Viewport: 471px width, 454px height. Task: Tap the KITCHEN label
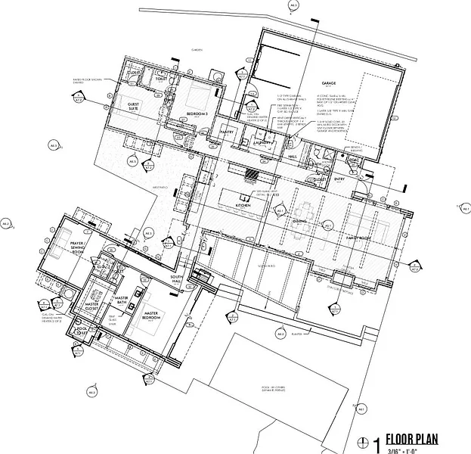click(243, 205)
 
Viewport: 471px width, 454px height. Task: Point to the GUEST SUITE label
click(133, 106)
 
